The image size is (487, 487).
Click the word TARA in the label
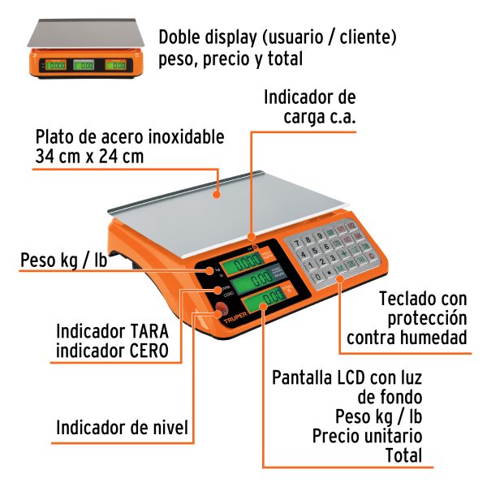(x=148, y=332)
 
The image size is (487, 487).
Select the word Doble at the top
(x=179, y=37)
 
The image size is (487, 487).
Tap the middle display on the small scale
(x=84, y=65)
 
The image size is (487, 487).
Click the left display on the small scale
(x=57, y=65)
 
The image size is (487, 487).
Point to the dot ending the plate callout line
(x=220, y=193)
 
